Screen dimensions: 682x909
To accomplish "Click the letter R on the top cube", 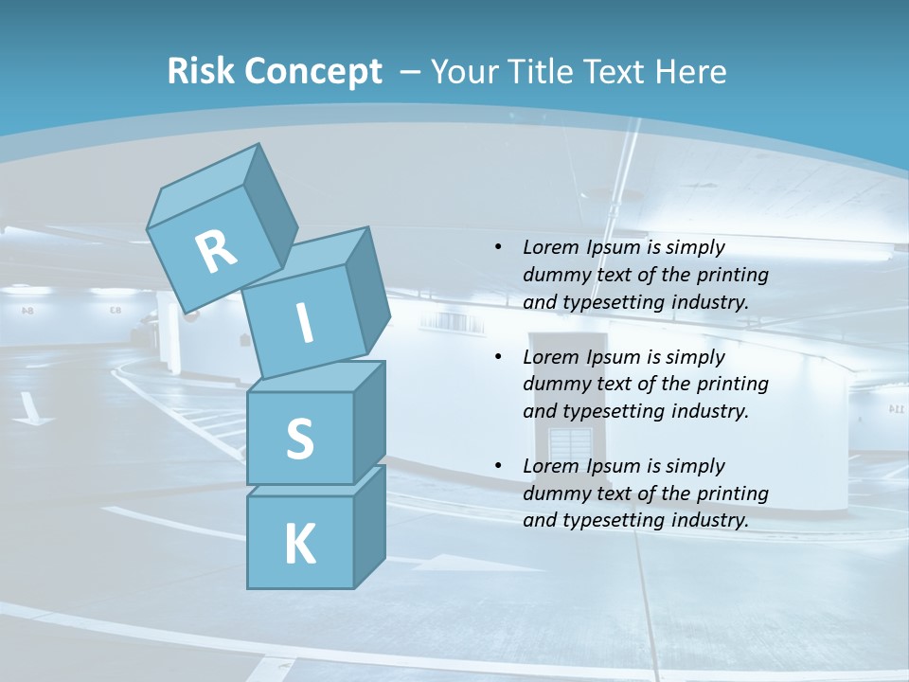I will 217,252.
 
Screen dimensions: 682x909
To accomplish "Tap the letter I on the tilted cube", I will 305,323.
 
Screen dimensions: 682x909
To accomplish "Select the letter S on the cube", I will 299,439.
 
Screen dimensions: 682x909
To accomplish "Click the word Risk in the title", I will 201,72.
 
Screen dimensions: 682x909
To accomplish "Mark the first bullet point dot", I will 498,248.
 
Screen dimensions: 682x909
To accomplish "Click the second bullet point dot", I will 498,358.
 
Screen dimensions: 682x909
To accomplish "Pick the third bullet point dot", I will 498,467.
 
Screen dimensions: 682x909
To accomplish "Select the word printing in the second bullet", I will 732,385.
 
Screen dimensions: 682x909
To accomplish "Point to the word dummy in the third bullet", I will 554,494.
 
